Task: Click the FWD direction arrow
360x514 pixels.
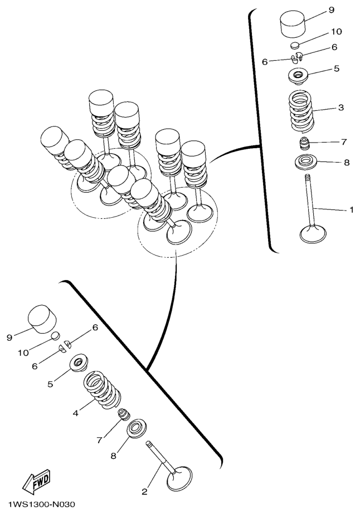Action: (x=36, y=481)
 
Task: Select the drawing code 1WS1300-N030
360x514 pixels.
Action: (x=42, y=504)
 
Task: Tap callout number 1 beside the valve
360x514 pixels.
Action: (x=351, y=209)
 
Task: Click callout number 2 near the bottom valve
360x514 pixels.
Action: (x=144, y=491)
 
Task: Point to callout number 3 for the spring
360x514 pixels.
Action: (x=340, y=107)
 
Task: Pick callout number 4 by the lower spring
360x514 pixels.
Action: (x=75, y=413)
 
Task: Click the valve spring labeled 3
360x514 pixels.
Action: (x=300, y=111)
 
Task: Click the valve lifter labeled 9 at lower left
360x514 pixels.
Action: (x=42, y=319)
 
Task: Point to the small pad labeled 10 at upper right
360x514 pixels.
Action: (x=295, y=45)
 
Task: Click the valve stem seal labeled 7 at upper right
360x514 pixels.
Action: (x=305, y=144)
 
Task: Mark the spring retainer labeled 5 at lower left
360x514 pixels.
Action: (x=79, y=363)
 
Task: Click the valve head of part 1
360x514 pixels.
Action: (x=313, y=234)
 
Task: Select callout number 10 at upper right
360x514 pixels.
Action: (x=336, y=32)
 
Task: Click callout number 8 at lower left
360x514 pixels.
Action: (x=113, y=456)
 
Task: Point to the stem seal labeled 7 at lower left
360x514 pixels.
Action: (x=123, y=414)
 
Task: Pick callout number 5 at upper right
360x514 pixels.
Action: (x=337, y=68)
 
